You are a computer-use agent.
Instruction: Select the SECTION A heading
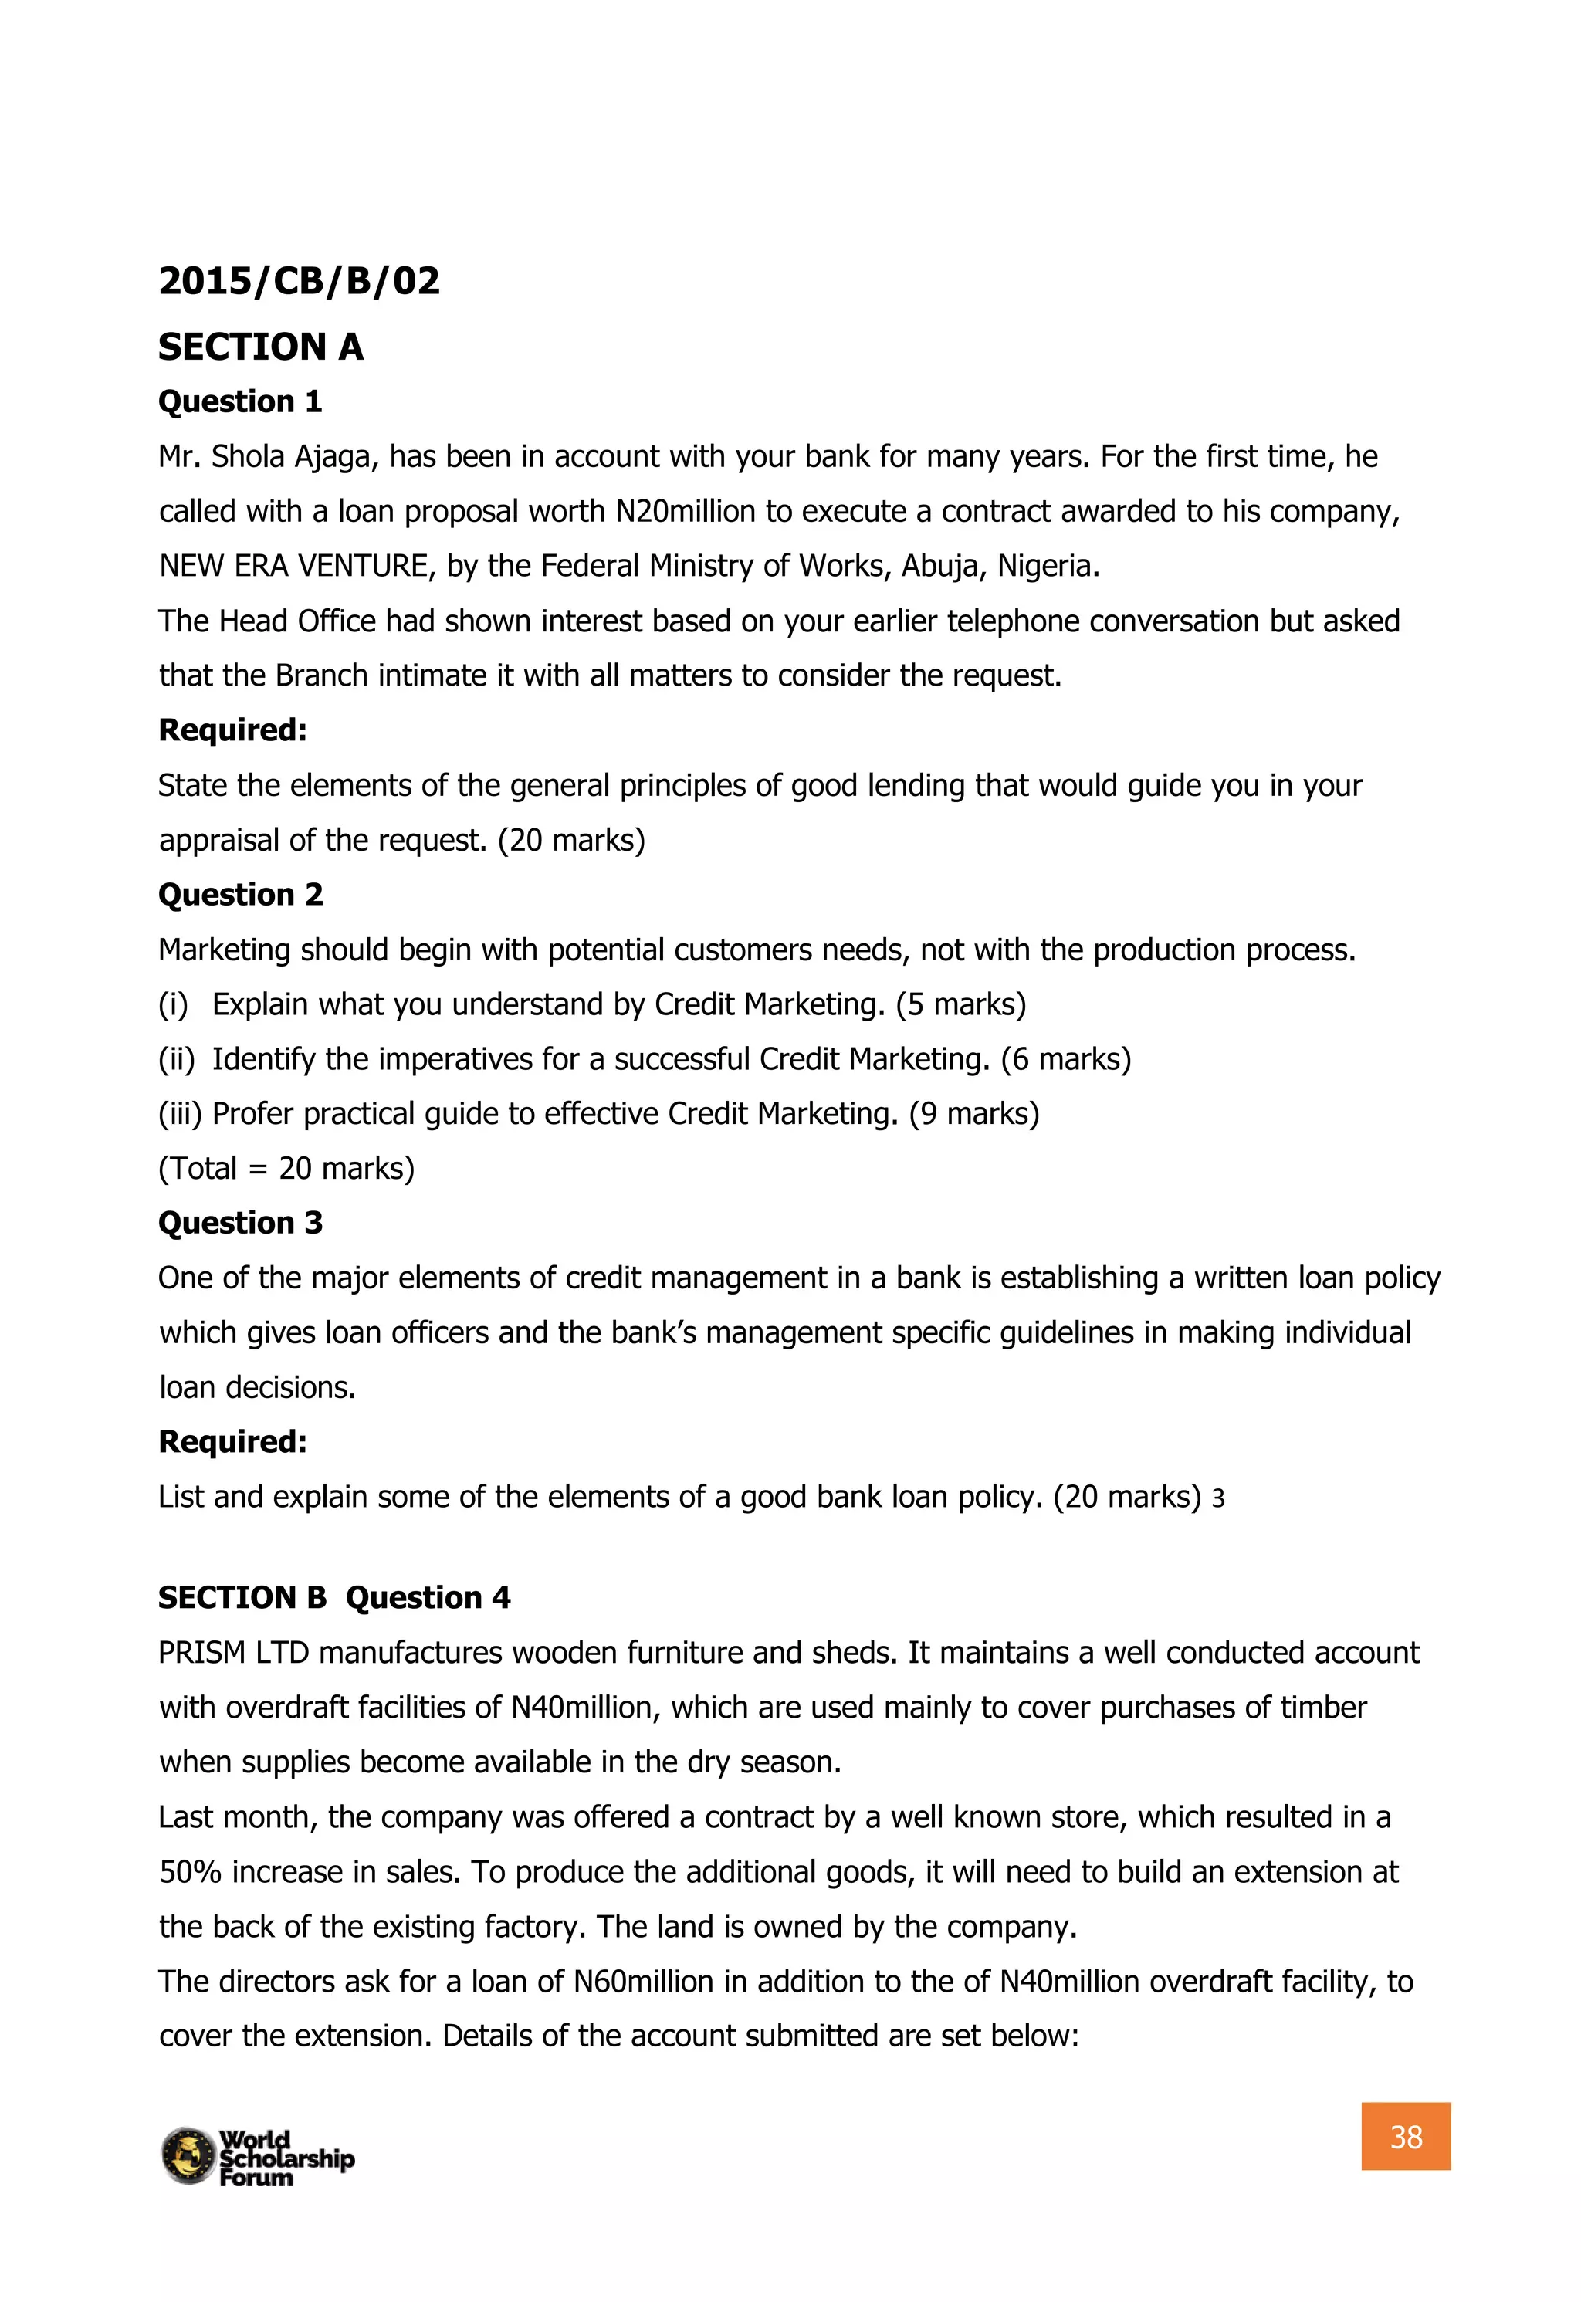pyautogui.click(x=260, y=347)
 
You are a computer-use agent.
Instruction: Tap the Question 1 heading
pyautogui.click(x=240, y=401)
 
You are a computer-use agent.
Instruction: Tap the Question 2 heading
pyautogui.click(x=240, y=895)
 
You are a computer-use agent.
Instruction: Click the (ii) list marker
pyautogui.click(x=176, y=1059)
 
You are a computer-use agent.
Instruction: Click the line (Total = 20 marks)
pyautogui.click(x=286, y=1168)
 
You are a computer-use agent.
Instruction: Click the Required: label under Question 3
pyautogui.click(x=233, y=1441)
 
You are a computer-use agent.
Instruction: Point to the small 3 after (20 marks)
pyautogui.click(x=1218, y=1498)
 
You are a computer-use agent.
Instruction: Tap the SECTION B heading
pyautogui.click(x=242, y=1598)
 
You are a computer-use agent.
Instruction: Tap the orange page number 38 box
pyautogui.click(x=1405, y=2137)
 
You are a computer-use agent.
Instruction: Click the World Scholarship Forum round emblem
pyautogui.click(x=188, y=2155)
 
